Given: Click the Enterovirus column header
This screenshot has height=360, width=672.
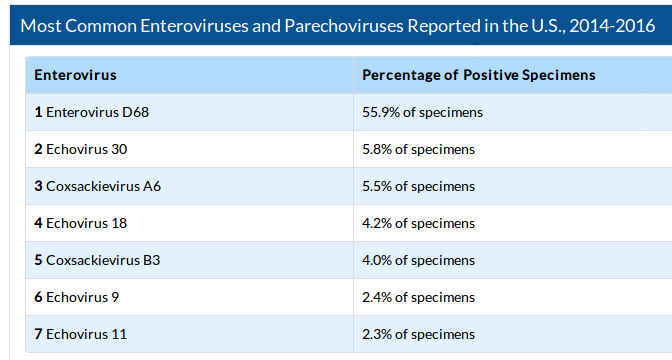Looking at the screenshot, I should point(75,75).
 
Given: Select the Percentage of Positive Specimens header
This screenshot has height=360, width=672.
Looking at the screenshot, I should point(478,75).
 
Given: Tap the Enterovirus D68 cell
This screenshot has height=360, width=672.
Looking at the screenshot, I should point(90,112).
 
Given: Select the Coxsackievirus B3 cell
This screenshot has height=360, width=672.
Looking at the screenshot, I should point(97,260).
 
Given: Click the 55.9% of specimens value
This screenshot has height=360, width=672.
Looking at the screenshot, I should point(422,112).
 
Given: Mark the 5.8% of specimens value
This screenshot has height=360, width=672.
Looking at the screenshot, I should point(418,149).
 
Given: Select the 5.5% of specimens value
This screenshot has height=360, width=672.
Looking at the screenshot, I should point(418,186).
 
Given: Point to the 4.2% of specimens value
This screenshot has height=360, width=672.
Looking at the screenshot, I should point(418,223).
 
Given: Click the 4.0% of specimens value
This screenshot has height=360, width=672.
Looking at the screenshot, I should point(418,260).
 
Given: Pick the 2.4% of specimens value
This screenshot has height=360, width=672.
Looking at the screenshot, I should point(418,297).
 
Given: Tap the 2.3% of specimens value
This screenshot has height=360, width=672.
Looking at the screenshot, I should point(418,334).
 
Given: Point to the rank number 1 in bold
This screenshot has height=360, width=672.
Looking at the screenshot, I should point(38,112).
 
